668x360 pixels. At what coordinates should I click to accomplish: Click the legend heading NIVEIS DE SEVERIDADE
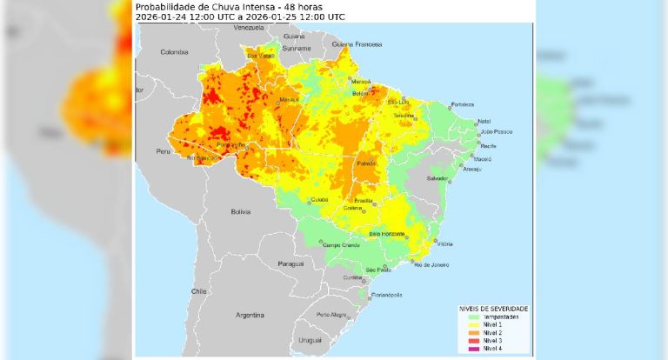493,309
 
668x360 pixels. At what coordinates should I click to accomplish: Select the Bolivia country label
240,211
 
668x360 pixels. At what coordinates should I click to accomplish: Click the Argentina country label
249,313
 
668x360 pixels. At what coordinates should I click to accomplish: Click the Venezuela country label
249,29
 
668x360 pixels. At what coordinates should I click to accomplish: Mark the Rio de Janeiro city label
430,264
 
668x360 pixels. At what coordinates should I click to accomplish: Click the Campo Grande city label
341,245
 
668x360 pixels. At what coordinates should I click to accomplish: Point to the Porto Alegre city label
331,315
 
